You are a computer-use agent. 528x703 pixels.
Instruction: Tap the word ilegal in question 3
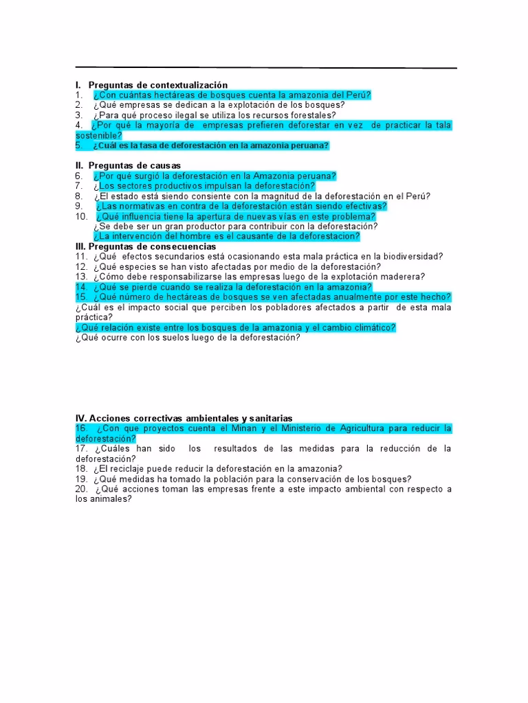coord(179,115)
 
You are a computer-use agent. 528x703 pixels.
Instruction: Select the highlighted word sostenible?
coord(98,135)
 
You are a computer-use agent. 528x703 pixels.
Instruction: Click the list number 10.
coord(81,216)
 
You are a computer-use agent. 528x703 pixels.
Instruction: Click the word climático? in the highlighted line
coord(372,327)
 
